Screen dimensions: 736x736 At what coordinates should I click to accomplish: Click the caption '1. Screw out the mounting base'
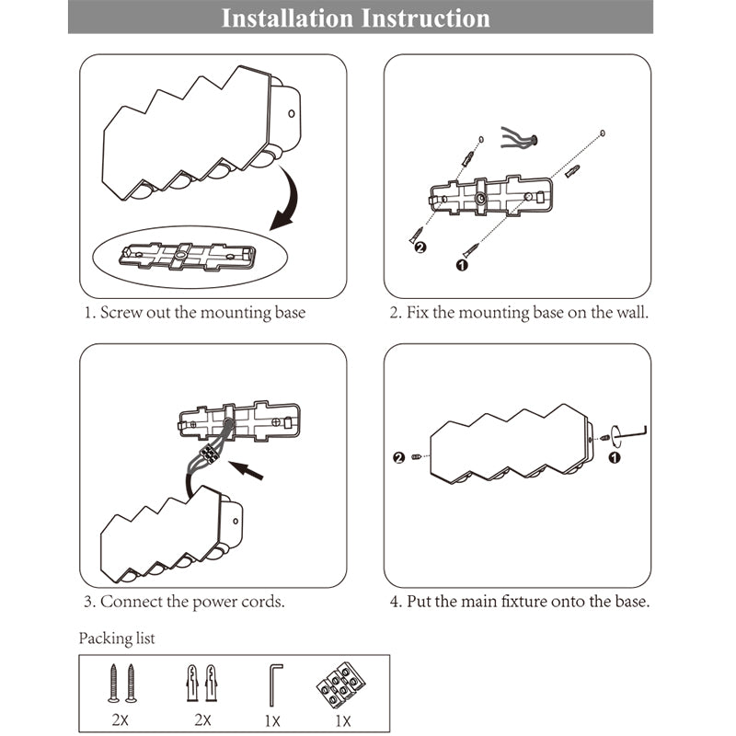(x=195, y=313)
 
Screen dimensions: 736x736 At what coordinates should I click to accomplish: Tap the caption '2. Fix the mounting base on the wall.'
(x=519, y=313)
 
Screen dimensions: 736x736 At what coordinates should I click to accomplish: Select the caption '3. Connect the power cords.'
(x=183, y=603)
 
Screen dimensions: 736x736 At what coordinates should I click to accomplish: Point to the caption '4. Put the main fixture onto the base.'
(x=519, y=603)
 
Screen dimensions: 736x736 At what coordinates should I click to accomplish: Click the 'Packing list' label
(x=117, y=638)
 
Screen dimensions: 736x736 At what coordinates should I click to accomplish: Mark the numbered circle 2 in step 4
(x=399, y=457)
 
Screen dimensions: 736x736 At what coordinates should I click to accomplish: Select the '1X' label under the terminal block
(x=342, y=721)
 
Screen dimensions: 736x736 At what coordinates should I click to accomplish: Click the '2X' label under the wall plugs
(x=202, y=721)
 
